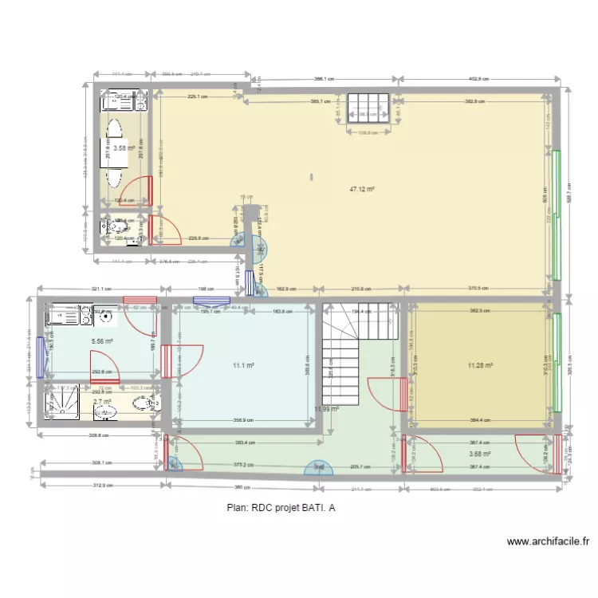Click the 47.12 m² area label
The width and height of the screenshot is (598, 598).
pyautogui.click(x=362, y=190)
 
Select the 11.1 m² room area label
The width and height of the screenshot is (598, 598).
pyautogui.click(x=243, y=366)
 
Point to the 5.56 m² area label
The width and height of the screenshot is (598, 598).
pyautogui.click(x=102, y=341)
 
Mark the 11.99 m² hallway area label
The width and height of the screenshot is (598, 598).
pyautogui.click(x=326, y=409)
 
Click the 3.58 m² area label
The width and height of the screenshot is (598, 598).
pyautogui.click(x=124, y=148)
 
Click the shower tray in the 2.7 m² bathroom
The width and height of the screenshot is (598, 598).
pyautogui.click(x=62, y=403)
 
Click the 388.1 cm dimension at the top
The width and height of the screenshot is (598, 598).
pyautogui.click(x=324, y=79)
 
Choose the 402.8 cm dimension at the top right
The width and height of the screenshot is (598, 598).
pyautogui.click(x=478, y=79)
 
